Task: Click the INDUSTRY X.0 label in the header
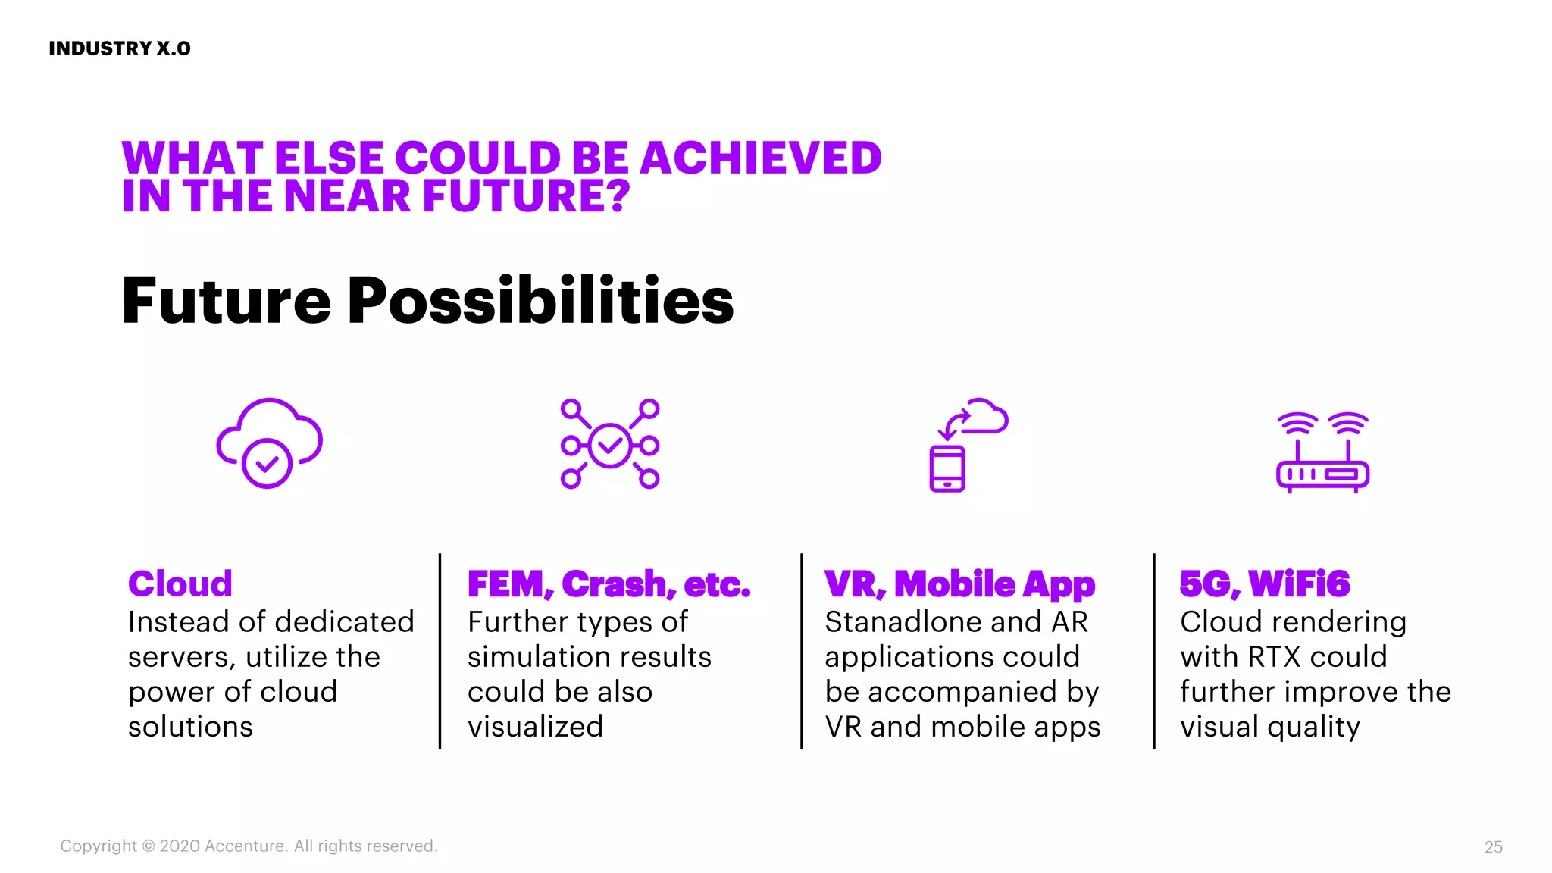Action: pyautogui.click(x=120, y=48)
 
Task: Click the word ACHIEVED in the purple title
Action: pyautogui.click(x=761, y=158)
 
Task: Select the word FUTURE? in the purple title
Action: pyautogui.click(x=526, y=196)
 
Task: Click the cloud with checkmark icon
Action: pyautogui.click(x=269, y=443)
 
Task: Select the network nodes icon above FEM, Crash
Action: pyautogui.click(x=610, y=444)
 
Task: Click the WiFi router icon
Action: pyautogui.click(x=1322, y=452)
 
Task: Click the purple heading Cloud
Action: pyautogui.click(x=180, y=584)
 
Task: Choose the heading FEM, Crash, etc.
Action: pyautogui.click(x=609, y=584)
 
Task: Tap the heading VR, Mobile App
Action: pyautogui.click(x=959, y=584)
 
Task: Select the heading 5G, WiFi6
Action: pyautogui.click(x=1265, y=584)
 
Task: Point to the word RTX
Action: pyautogui.click(x=1274, y=657)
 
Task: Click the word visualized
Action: pyautogui.click(x=535, y=727)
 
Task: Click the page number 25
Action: pyautogui.click(x=1493, y=847)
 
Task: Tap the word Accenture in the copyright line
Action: pyautogui.click(x=245, y=846)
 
